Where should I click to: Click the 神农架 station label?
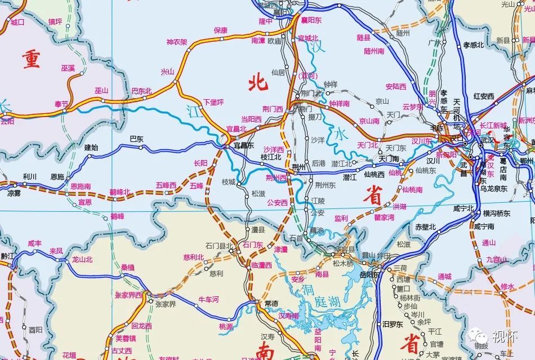click(x=177, y=42)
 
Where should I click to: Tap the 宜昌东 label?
click(x=244, y=145)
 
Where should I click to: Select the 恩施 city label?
click(x=57, y=176)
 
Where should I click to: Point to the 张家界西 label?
click(x=129, y=295)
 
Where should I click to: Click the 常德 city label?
click(x=271, y=303)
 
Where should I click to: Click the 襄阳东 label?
click(x=311, y=20)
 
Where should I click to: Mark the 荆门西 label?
click(x=273, y=109)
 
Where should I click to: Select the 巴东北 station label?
click(x=141, y=90)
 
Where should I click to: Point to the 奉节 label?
click(x=61, y=104)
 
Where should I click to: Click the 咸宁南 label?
click(x=484, y=226)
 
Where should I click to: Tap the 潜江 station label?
click(x=350, y=177)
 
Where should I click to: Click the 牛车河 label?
click(x=208, y=299)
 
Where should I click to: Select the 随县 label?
click(x=364, y=38)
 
